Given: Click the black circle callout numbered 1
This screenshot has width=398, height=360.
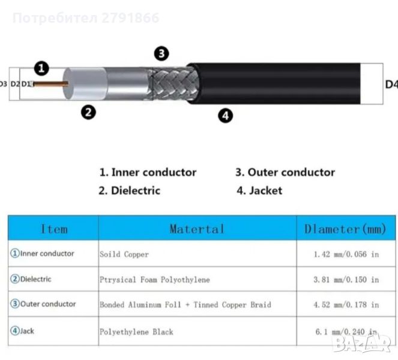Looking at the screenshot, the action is (41, 68).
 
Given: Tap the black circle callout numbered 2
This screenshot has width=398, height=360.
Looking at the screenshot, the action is (88, 112).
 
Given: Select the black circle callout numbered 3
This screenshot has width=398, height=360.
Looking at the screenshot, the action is (161, 53).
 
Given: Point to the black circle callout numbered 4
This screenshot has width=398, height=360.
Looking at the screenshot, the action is (225, 115).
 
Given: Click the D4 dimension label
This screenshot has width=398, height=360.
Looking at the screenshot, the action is (391, 85).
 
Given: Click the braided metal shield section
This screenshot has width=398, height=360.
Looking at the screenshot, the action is (175, 84).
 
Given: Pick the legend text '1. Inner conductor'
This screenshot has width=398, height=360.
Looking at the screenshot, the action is (148, 172).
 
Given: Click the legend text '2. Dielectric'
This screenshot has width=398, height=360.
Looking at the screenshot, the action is (130, 191).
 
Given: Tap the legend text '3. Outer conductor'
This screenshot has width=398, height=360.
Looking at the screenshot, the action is (285, 172).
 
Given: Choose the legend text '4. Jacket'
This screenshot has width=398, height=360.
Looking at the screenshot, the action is (259, 191).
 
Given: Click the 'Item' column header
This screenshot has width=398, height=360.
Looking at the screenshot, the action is (54, 229).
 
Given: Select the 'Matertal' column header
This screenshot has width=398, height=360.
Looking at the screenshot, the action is (197, 229).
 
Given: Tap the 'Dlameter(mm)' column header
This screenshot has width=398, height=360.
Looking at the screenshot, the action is (345, 229).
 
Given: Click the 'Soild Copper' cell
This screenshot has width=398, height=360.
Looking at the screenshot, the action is (124, 254).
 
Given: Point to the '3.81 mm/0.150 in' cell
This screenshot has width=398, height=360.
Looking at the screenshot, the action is (346, 280).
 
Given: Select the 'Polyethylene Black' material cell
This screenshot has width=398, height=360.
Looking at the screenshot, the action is (136, 332).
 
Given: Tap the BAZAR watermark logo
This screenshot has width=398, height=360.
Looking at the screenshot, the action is (361, 343).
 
